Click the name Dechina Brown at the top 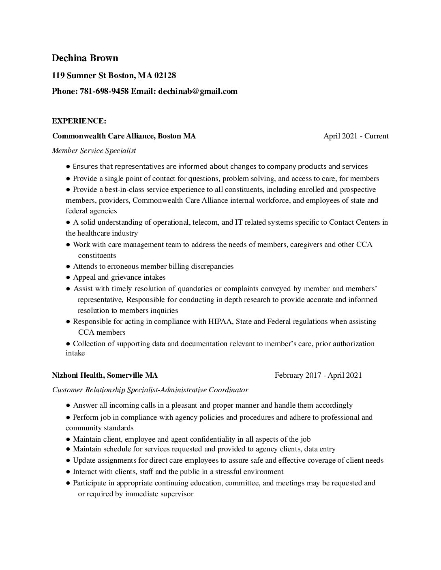click(85, 58)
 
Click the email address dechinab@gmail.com click(198, 91)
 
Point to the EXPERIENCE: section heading click(79, 121)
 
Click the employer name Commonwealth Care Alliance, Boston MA click(124, 136)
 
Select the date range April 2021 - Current click(356, 136)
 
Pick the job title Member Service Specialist click(94, 151)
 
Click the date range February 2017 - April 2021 click(318, 375)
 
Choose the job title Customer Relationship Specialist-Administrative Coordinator click(150, 390)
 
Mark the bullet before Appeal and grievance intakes click(69, 278)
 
